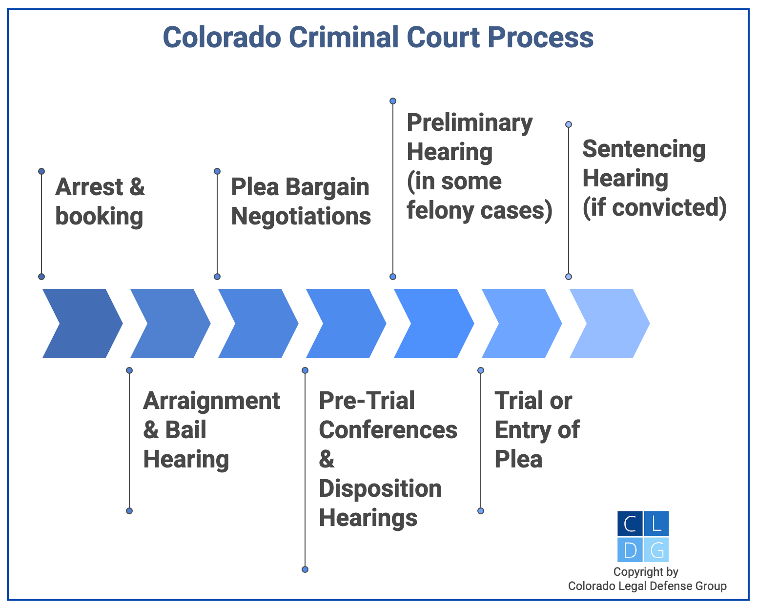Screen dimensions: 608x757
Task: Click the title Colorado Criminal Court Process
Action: tap(378, 38)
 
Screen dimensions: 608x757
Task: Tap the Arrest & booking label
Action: tap(100, 202)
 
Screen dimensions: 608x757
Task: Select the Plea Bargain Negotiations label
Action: tap(301, 202)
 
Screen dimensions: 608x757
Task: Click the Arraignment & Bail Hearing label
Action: tap(211, 430)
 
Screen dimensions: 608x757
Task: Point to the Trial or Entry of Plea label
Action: tap(536, 430)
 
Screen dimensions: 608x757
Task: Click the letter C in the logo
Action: tap(630, 524)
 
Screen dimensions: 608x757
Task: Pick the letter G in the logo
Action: tap(656, 550)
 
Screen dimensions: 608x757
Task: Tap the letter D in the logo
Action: tap(630, 550)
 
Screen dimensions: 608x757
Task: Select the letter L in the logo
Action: tap(656, 524)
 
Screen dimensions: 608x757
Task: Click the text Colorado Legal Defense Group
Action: tap(647, 586)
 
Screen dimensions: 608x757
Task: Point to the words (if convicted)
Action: tap(655, 207)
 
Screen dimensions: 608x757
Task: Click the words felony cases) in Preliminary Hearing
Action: tap(479, 210)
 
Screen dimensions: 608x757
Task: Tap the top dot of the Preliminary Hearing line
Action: tap(393, 101)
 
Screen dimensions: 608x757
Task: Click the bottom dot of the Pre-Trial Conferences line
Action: tap(305, 569)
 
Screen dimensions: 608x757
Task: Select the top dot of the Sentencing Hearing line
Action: tap(569, 124)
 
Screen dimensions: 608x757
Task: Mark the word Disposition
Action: tap(380, 488)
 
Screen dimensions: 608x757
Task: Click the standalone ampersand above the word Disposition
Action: tap(327, 459)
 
